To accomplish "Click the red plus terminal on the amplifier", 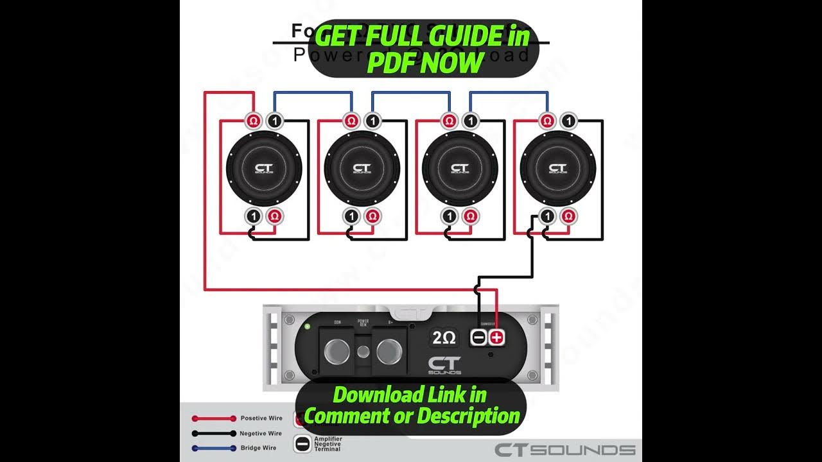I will click(497, 338).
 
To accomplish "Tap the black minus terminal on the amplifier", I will click(479, 338).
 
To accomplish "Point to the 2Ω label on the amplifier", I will click(444, 338).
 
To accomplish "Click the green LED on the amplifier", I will click(307, 327).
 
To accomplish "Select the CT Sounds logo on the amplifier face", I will click(444, 365).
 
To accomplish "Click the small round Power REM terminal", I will click(363, 351).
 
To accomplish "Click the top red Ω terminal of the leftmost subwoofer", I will click(253, 120).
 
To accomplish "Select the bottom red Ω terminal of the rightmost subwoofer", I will click(566, 216).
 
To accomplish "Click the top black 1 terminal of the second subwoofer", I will click(371, 120).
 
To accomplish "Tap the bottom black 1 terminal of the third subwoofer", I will click(449, 216).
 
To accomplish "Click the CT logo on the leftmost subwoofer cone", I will click(263, 168).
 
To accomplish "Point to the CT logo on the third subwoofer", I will click(459, 168).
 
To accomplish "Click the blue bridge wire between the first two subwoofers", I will click(313, 92).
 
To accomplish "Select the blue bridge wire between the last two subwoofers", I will click(509, 92).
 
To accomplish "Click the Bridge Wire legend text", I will click(259, 448).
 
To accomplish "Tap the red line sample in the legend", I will click(214, 418).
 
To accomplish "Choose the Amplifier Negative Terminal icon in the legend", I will click(302, 444).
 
